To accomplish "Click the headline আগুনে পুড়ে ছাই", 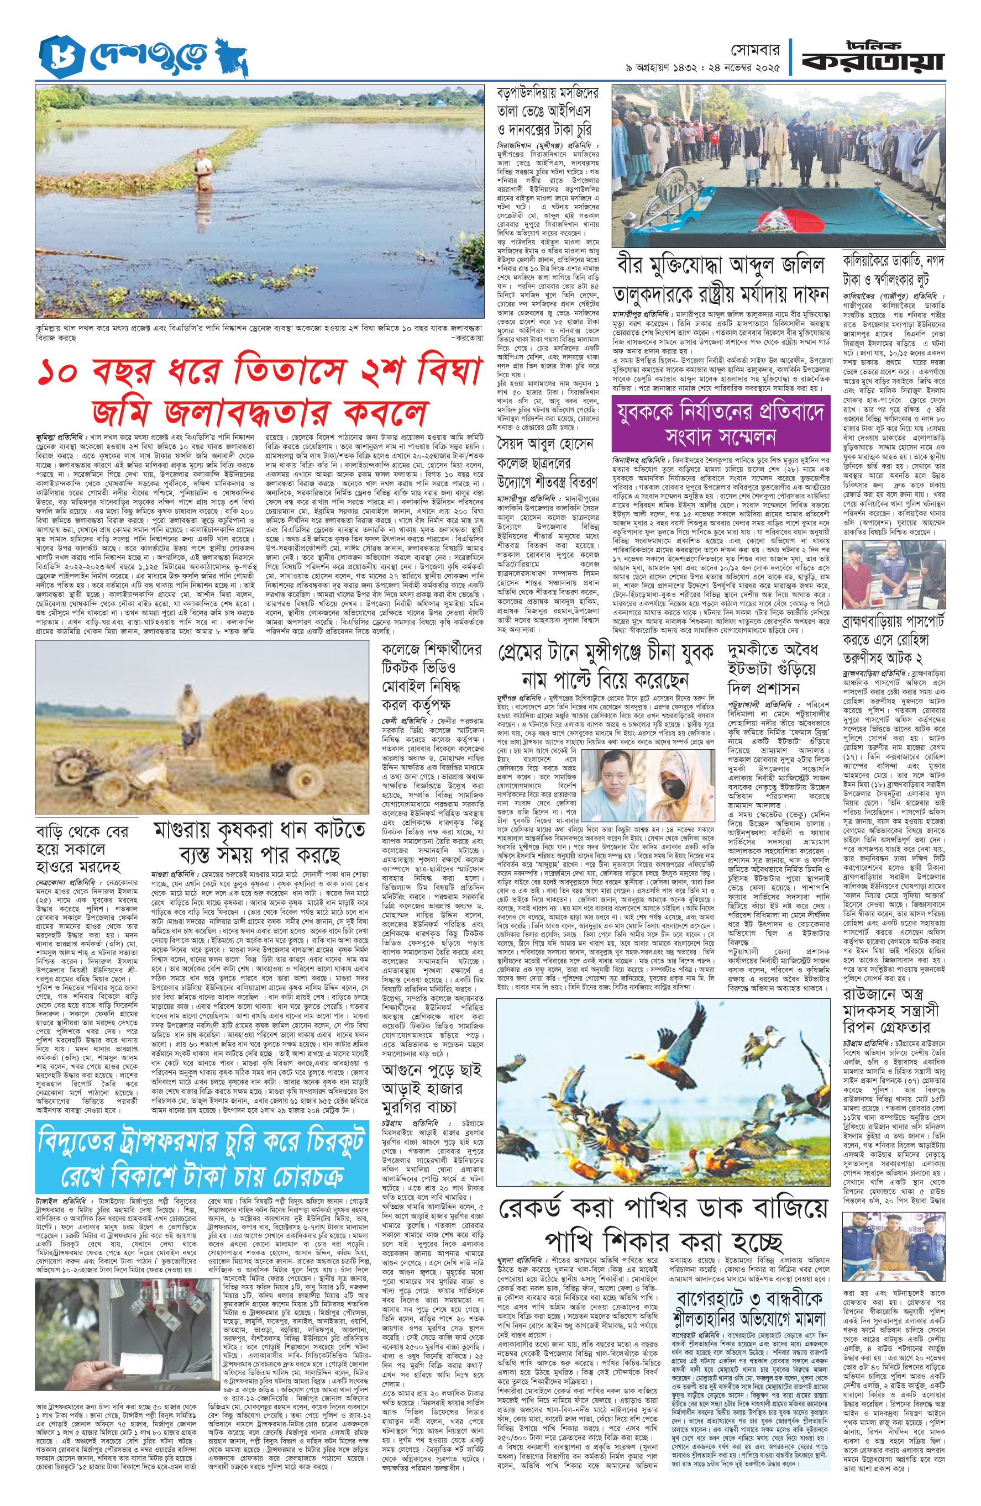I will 432,1070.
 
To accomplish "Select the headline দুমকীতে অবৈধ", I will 773,652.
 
